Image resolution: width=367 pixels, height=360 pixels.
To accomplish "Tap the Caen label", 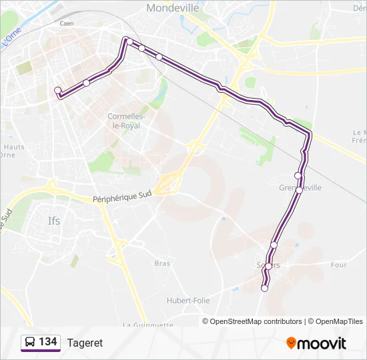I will click(x=66, y=23).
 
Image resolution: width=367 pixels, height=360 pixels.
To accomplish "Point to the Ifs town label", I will click(x=53, y=221).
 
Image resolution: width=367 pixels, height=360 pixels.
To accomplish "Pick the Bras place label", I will click(x=162, y=263).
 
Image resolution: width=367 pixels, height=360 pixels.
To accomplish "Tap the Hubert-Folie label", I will click(x=188, y=301).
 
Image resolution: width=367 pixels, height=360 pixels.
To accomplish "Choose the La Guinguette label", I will click(x=148, y=325).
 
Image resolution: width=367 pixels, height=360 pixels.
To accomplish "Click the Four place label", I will click(x=338, y=265).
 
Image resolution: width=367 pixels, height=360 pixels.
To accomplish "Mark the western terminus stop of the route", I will click(x=57, y=90).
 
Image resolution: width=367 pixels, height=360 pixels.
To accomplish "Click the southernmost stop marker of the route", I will click(x=264, y=288).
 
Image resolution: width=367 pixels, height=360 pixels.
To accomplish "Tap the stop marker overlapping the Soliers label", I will click(x=268, y=266).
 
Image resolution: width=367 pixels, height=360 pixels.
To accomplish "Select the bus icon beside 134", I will click(x=30, y=343).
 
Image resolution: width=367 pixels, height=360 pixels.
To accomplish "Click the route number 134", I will click(x=48, y=343).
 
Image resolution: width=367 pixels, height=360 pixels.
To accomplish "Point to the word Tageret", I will click(x=85, y=343).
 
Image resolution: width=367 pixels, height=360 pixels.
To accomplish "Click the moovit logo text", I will click(x=322, y=344).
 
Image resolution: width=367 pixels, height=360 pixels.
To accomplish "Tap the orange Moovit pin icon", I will click(x=291, y=343).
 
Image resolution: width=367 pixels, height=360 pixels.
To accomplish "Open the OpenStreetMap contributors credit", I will click(x=256, y=321).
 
